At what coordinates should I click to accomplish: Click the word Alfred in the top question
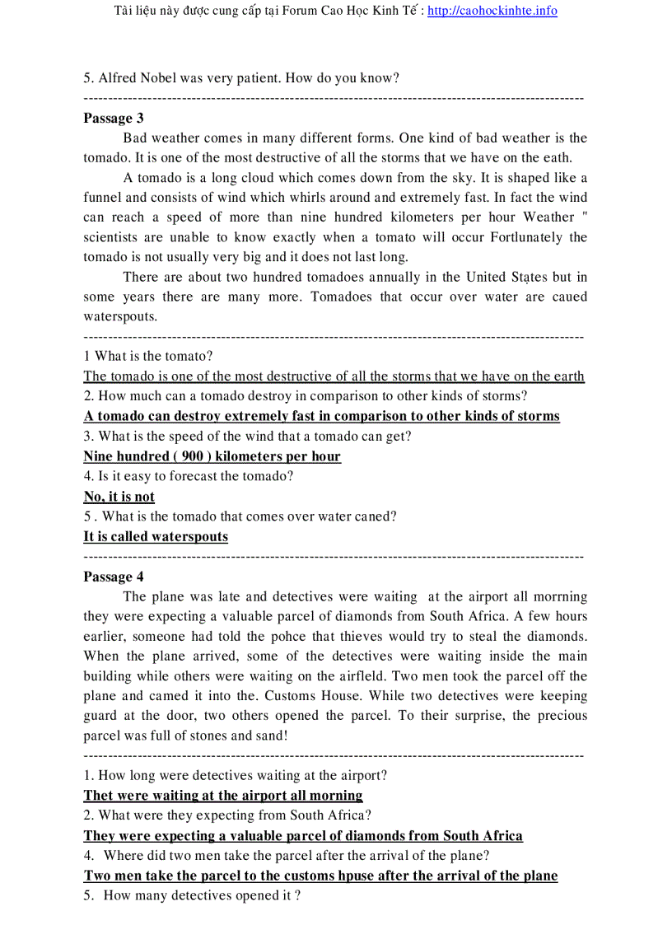pos(119,78)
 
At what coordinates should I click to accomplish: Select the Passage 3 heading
pos(114,118)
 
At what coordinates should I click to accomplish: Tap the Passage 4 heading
pos(114,577)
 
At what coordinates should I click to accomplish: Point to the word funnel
pos(103,198)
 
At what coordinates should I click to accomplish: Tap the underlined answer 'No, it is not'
pos(119,497)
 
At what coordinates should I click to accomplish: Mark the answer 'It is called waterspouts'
pos(156,537)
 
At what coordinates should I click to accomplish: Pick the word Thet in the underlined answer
pos(99,796)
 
